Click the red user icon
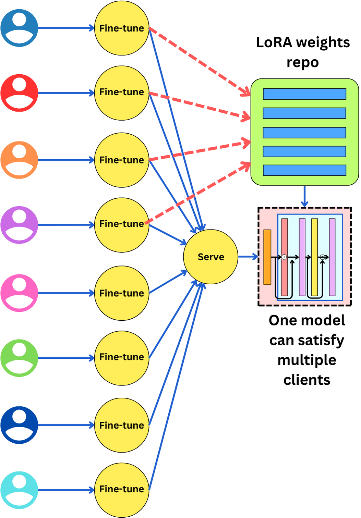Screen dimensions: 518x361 19,93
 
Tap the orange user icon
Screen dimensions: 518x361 19,160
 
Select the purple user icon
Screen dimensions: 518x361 19,225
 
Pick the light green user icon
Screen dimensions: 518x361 19,358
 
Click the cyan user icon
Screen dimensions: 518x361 19,490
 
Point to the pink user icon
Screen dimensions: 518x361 19,293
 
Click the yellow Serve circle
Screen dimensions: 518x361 210,257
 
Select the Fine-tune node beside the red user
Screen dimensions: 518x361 122,93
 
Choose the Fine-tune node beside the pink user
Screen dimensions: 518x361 122,293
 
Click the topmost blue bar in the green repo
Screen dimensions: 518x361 304,94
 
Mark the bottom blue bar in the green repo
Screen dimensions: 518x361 304,170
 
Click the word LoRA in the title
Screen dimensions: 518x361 274,43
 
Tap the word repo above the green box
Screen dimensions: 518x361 303,63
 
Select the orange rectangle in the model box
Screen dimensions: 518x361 267,257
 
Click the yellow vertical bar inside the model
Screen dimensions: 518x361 314,257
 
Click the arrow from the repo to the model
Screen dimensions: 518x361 304,197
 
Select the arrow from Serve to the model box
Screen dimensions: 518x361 248,257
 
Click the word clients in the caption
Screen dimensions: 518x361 306,380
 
